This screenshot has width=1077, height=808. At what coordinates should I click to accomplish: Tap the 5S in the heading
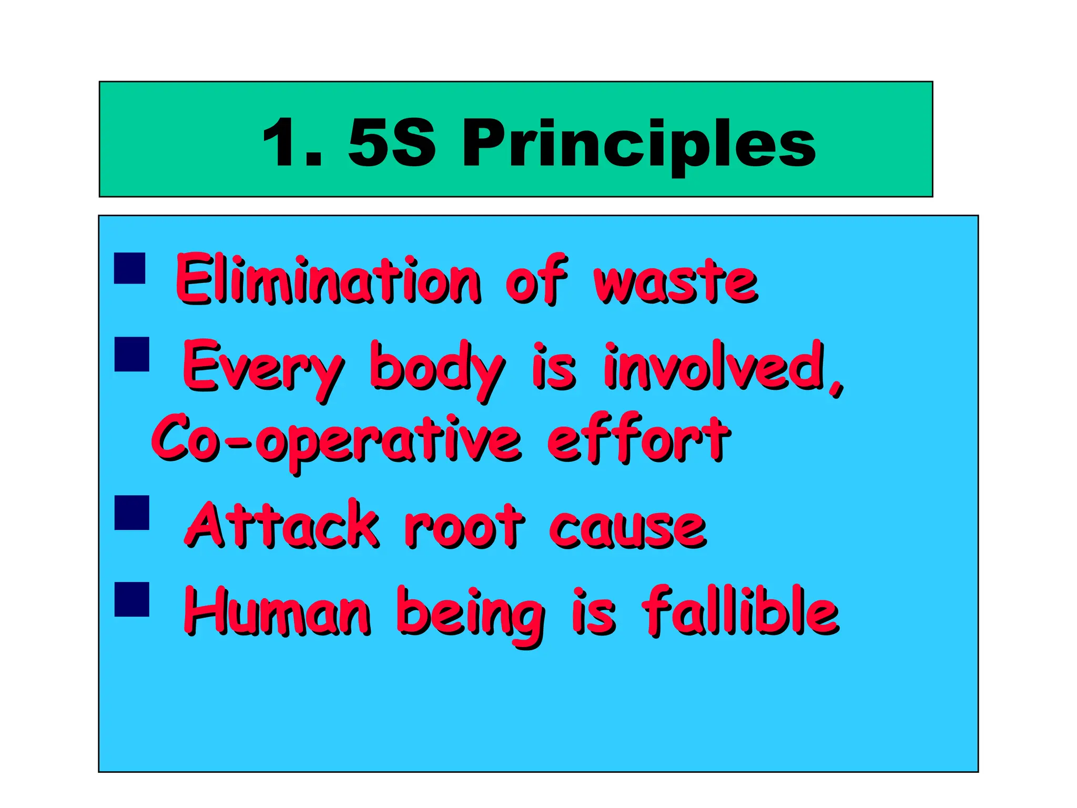click(x=392, y=143)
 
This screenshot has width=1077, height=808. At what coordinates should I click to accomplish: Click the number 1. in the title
click(x=292, y=143)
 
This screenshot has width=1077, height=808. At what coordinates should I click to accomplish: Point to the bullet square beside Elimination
click(x=129, y=268)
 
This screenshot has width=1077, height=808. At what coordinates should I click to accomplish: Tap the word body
click(x=436, y=368)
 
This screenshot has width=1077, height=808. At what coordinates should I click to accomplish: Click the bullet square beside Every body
click(x=131, y=354)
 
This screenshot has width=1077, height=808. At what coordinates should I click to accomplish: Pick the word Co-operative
click(x=337, y=441)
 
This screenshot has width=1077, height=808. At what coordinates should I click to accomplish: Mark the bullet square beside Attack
click(x=131, y=512)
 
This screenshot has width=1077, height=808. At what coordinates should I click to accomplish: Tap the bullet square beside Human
click(x=131, y=599)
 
